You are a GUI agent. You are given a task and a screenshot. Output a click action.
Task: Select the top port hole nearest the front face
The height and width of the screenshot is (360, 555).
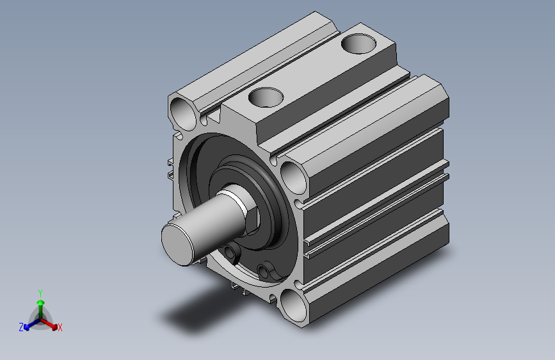click(x=266, y=97)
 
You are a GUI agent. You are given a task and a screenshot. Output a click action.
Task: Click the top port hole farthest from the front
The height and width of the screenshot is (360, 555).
click(x=358, y=44)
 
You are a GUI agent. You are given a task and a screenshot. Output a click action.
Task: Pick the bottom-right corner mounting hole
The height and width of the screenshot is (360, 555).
click(x=293, y=306)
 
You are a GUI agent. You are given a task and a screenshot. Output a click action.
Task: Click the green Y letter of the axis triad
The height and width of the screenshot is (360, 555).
click(x=40, y=293)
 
